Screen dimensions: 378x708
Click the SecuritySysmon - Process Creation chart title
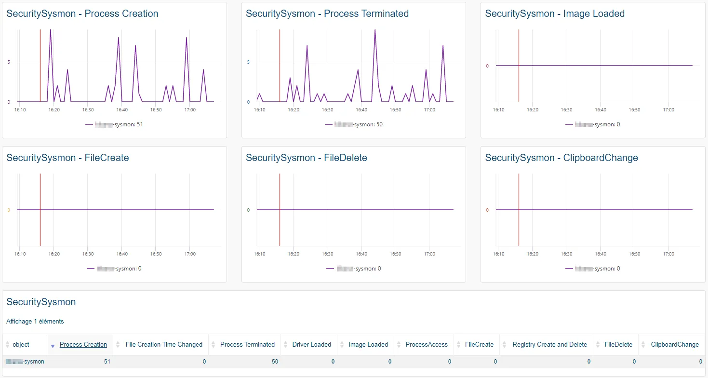click(82, 13)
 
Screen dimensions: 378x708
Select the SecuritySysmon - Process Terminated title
click(327, 13)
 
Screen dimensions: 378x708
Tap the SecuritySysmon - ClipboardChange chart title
click(561, 158)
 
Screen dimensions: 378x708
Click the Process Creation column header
click(83, 344)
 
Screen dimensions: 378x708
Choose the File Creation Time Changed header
click(164, 344)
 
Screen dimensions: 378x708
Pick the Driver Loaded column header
click(311, 344)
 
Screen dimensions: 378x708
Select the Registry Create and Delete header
click(549, 344)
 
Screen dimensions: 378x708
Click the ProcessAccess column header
click(426, 344)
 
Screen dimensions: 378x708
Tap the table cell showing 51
click(107, 362)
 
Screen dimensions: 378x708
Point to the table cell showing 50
click(275, 362)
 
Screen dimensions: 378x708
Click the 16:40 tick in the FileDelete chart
click(361, 254)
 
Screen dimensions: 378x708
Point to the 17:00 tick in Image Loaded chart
click(668, 109)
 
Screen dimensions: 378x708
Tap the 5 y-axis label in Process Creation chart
click(9, 62)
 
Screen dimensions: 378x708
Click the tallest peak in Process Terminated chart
click(375, 30)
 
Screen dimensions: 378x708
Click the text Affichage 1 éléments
click(35, 321)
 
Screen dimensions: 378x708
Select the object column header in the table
click(21, 344)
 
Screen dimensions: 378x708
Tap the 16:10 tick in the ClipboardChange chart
click(498, 254)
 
